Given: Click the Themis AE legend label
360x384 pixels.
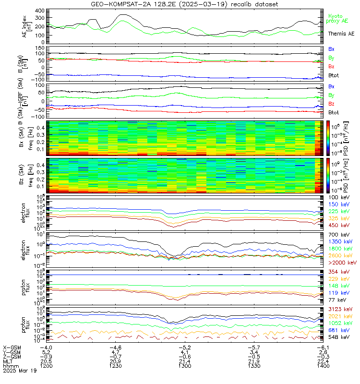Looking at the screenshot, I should tap(341, 34).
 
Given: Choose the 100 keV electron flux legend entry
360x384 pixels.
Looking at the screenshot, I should tap(338, 197).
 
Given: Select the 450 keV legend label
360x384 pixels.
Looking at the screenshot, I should tap(338, 225).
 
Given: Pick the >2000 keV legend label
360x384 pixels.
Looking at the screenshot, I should tap(341, 263).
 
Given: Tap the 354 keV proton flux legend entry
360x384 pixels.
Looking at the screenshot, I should tap(338, 272).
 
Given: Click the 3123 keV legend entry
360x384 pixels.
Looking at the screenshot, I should tap(339, 311).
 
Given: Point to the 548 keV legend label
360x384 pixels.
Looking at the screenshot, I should tap(338, 337).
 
